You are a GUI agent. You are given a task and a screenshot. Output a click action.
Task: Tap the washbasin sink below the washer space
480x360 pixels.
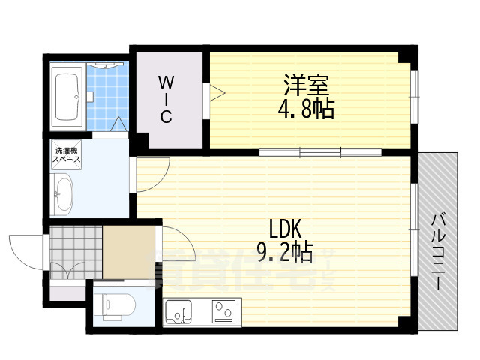coord(64,193)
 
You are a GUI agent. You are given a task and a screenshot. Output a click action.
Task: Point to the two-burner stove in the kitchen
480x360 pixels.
coord(223,309)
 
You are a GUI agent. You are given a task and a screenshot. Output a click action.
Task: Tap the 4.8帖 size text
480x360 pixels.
coord(305,109)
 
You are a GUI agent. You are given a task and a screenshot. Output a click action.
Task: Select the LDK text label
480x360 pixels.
coord(286,226)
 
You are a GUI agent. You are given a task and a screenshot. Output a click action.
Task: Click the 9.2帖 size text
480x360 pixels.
coord(285,250)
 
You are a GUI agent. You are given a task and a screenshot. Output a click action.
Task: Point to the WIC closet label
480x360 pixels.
coord(166,99)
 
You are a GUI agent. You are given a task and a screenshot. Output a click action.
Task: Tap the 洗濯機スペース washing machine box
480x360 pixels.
coord(67,156)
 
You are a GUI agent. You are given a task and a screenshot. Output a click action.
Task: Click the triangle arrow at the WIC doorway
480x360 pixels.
coord(217,93)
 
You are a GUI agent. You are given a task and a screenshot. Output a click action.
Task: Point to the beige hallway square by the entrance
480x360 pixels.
coord(128,252)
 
